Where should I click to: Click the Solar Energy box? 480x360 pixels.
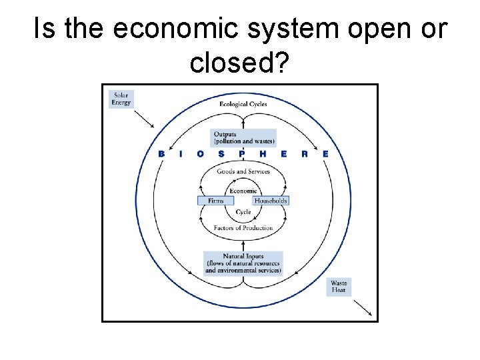[121, 99]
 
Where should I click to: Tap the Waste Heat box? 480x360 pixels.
[339, 287]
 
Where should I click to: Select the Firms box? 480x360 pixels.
[215, 201]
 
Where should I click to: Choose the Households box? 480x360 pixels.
[271, 201]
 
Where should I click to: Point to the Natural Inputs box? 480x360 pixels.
[243, 263]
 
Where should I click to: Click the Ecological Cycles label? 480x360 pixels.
[243, 104]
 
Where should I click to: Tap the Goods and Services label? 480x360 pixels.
[243, 171]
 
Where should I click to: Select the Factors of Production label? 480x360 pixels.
[243, 228]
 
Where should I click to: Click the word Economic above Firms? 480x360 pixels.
[243, 191]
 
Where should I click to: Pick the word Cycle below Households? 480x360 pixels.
[243, 212]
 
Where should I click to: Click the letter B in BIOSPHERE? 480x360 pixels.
[161, 154]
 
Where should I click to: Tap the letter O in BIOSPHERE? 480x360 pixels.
[201, 154]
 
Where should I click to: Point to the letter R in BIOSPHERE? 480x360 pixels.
[304, 154]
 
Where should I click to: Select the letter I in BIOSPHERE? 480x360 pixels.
[181, 154]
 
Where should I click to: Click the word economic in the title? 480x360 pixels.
[161, 30]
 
